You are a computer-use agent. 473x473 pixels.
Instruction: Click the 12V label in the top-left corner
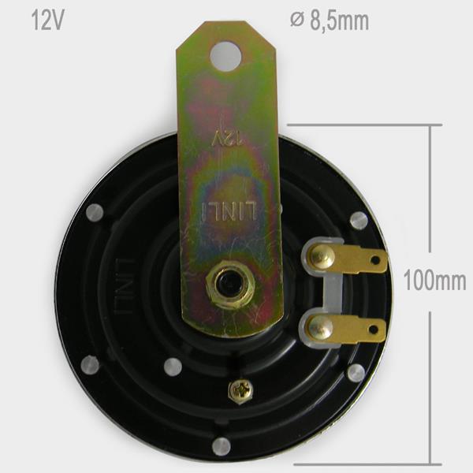click(47, 20)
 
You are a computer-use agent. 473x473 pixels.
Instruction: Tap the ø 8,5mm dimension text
click(330, 20)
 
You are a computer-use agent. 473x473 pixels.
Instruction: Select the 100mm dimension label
click(434, 281)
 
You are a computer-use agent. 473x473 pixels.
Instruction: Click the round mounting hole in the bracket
click(226, 57)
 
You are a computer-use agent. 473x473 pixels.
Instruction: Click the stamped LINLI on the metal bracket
click(229, 210)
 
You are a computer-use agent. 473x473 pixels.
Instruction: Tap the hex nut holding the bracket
click(230, 285)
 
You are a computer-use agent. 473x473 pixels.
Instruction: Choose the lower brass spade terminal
click(346, 329)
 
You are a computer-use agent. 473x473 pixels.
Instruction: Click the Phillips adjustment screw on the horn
click(240, 392)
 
